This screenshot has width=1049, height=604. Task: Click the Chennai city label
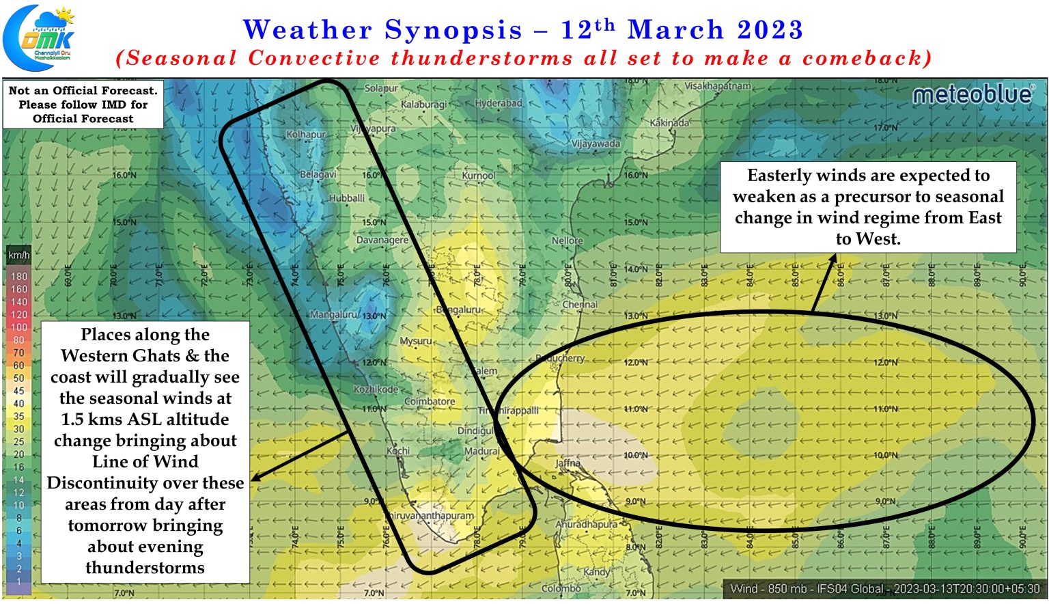click(580, 304)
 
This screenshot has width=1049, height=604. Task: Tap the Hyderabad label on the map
click(499, 103)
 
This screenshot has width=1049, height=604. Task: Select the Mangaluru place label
click(334, 315)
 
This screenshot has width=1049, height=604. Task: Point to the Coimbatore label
click(430, 402)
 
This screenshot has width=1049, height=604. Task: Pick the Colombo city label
click(561, 588)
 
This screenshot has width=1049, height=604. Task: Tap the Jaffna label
click(568, 463)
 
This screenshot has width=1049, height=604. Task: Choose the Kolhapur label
click(306, 135)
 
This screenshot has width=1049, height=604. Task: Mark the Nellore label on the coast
click(567, 241)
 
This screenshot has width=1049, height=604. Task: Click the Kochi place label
click(398, 451)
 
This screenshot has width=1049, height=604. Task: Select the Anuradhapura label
click(586, 525)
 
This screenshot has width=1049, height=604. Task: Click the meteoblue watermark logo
click(973, 95)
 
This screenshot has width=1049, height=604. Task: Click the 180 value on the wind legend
click(19, 277)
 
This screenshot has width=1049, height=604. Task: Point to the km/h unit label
click(18, 256)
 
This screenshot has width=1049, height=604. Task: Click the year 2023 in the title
click(770, 29)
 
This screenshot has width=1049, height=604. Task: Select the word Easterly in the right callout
click(779, 176)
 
